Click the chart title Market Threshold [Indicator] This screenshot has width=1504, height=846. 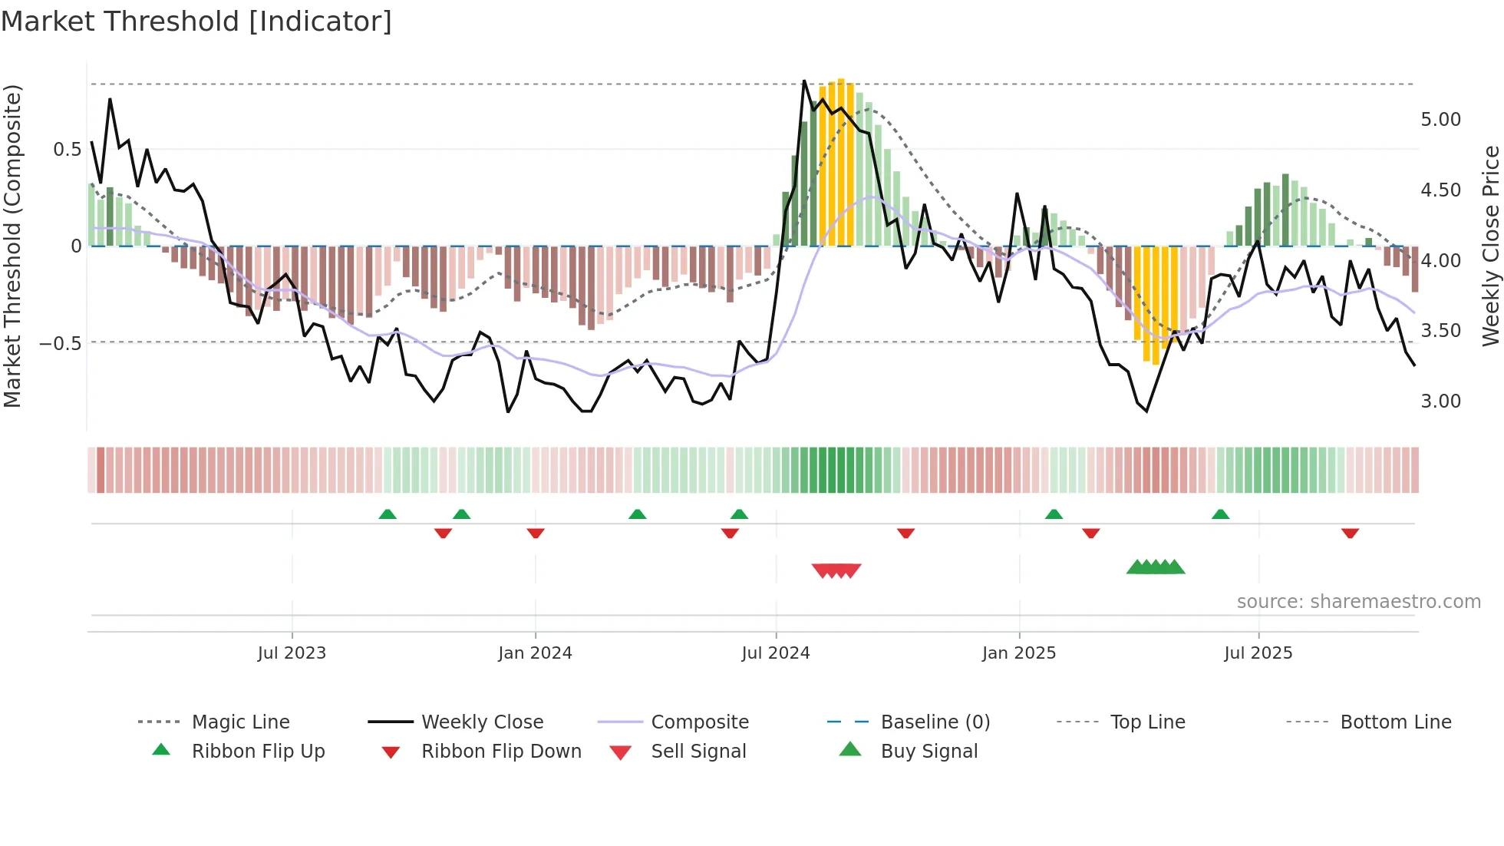(196, 21)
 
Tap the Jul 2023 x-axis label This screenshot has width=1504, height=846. (292, 653)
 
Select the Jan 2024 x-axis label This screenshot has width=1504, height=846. (535, 653)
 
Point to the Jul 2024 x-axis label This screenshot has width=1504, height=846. (776, 653)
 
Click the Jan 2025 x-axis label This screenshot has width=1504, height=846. (1019, 653)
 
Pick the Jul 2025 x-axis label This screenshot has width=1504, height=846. (1258, 653)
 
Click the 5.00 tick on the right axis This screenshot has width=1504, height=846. (1440, 120)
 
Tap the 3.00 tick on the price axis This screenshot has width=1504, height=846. (1440, 402)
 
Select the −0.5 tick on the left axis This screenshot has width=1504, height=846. (61, 343)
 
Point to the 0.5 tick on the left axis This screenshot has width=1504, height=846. (67, 150)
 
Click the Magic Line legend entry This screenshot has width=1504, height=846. (240, 722)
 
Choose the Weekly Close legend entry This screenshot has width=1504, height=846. (482, 722)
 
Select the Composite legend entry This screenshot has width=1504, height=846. (699, 722)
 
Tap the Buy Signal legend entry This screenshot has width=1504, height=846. (928, 752)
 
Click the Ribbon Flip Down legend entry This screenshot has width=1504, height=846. (501, 752)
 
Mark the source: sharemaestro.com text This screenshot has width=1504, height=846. (1358, 602)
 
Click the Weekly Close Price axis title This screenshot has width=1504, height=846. (1490, 246)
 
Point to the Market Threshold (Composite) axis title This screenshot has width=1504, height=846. (12, 246)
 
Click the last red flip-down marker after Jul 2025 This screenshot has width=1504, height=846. (1350, 534)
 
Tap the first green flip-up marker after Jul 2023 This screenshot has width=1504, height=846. (388, 514)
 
